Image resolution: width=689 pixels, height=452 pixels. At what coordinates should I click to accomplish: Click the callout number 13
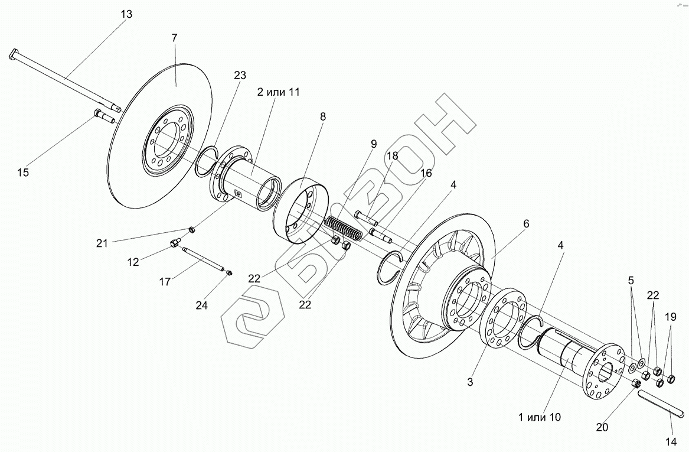(x=126, y=15)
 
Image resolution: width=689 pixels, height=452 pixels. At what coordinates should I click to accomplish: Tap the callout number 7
(x=174, y=38)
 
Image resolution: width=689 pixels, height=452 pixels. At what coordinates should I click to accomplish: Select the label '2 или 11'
(x=277, y=92)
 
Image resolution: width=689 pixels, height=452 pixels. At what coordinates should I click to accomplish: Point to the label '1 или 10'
(x=540, y=417)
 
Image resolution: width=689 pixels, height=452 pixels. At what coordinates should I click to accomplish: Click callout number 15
(x=23, y=173)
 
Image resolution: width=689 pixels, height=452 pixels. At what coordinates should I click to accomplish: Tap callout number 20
(x=602, y=427)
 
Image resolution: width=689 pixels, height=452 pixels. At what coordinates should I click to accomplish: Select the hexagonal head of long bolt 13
(x=14, y=54)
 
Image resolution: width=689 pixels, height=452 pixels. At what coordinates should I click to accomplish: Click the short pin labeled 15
(x=104, y=116)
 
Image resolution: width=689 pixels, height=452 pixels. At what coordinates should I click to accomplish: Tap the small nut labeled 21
(x=191, y=229)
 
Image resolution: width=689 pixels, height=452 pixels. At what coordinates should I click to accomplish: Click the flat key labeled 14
(x=661, y=403)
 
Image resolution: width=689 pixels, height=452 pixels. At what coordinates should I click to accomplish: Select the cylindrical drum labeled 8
(x=302, y=210)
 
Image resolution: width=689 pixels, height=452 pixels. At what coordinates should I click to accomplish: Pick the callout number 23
(x=240, y=75)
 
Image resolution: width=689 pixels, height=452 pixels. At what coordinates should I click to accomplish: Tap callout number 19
(x=671, y=317)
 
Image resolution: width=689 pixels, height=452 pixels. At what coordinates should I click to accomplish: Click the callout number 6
(x=526, y=224)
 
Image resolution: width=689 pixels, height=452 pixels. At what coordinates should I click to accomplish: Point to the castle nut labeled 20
(x=635, y=384)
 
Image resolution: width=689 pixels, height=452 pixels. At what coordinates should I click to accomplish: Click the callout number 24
(x=202, y=305)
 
